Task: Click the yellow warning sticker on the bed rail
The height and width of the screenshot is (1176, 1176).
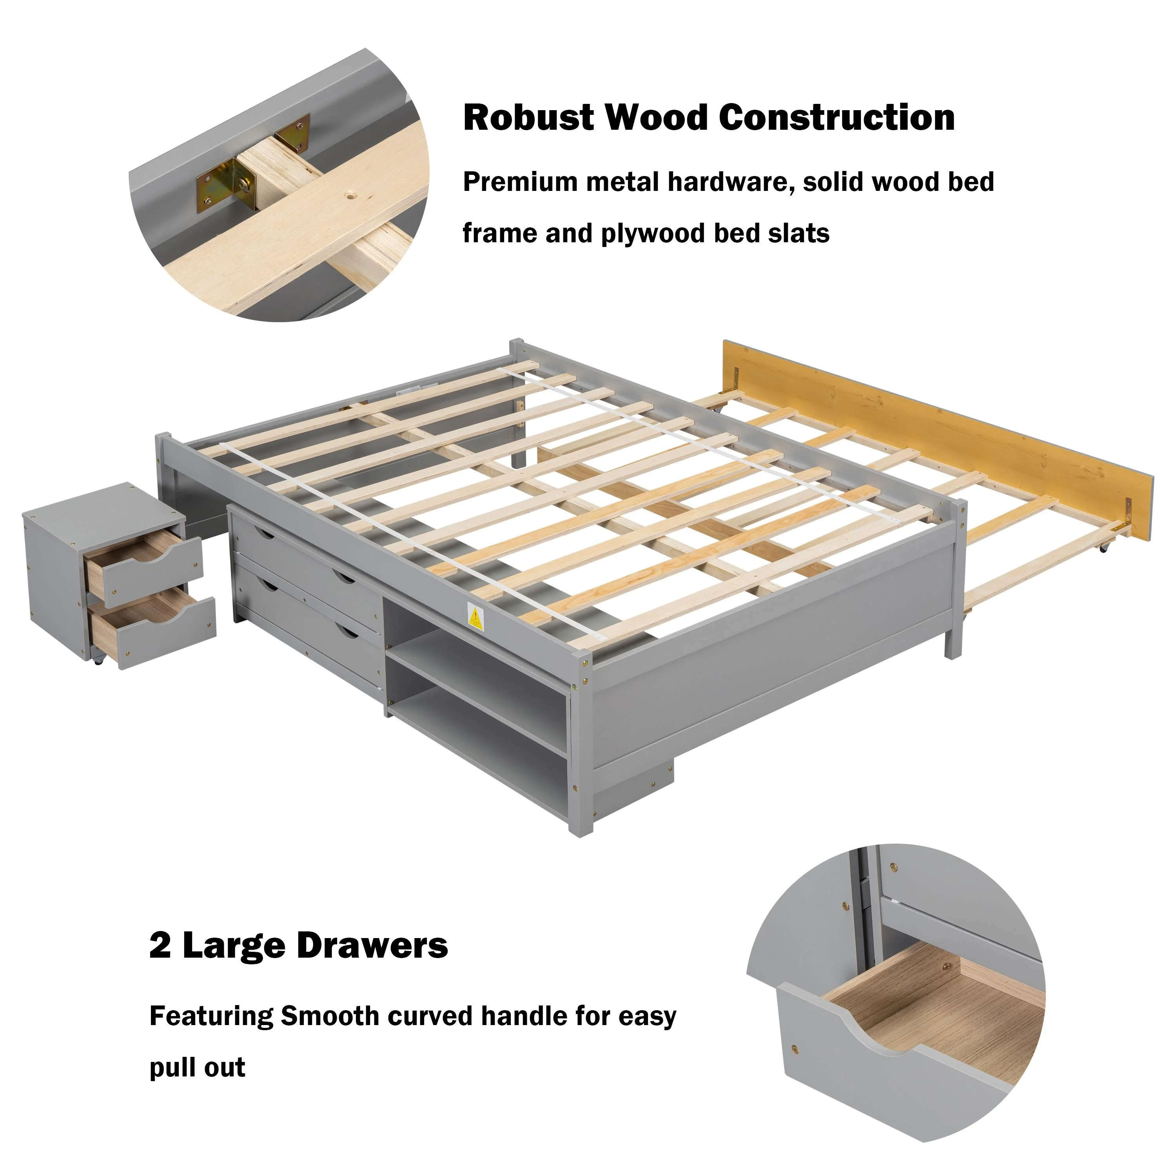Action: point(475,618)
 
